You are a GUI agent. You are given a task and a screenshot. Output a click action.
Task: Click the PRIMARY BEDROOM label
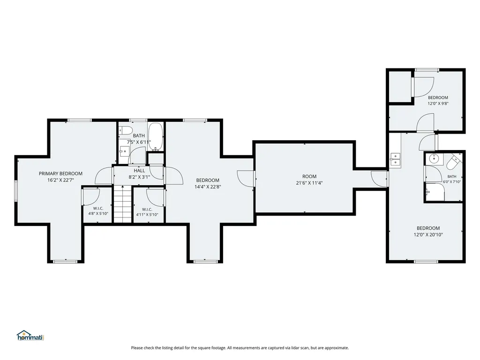(x=60, y=173)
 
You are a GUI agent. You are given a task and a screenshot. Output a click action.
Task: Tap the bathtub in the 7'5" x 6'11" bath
(x=156, y=137)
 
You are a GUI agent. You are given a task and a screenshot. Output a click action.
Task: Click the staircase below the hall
(x=123, y=204)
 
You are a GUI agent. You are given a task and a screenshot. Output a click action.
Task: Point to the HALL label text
(x=139, y=171)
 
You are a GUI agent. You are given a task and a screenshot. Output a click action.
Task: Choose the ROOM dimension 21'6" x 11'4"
(x=309, y=183)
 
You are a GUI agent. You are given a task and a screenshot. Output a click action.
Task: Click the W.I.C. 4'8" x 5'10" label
(x=98, y=211)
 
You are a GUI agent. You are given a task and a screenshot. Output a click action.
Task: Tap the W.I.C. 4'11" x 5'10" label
(x=147, y=212)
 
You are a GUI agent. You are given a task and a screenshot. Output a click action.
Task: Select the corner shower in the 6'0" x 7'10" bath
(x=435, y=192)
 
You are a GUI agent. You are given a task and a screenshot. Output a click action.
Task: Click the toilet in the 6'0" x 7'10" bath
(x=454, y=162)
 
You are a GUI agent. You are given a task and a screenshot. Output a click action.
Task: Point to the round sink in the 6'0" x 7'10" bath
(x=434, y=158)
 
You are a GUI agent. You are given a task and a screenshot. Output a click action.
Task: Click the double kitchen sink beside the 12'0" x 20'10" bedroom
(x=395, y=160)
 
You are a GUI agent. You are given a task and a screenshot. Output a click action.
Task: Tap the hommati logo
(x=30, y=336)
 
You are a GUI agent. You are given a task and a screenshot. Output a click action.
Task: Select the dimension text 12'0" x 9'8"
(x=438, y=104)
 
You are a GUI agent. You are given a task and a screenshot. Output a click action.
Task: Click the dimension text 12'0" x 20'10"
(x=428, y=235)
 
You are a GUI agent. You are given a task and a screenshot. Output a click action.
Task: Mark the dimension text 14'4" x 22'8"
(x=208, y=187)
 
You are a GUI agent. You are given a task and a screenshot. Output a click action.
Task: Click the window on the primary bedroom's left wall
(x=16, y=191)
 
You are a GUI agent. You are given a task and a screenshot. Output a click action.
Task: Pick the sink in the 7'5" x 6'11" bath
(x=124, y=151)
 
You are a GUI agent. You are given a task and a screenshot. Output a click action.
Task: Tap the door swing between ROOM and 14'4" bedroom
(x=245, y=178)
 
